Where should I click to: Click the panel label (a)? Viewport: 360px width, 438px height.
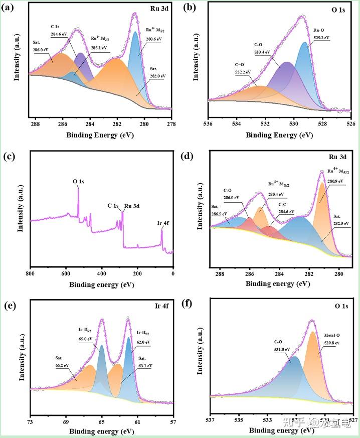[9, 8]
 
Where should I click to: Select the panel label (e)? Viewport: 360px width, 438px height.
[9, 305]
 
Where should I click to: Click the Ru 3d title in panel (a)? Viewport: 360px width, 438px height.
[160, 10]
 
